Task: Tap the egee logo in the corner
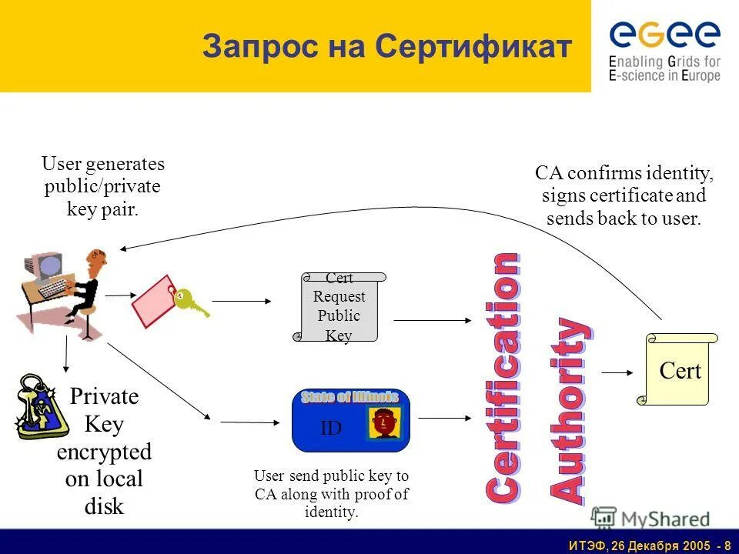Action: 664,48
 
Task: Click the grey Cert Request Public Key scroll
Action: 339,307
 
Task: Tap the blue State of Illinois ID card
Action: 351,420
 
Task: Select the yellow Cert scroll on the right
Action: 677,369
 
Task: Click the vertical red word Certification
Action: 501,377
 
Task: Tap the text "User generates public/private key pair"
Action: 102,187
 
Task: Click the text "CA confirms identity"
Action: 624,172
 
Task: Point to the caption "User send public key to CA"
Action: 332,493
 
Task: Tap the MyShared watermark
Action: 651,517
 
